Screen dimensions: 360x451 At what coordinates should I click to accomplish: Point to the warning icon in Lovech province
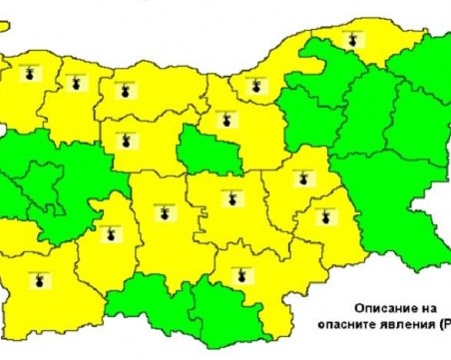(126, 138)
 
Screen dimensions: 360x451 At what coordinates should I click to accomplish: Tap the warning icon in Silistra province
(348, 37)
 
